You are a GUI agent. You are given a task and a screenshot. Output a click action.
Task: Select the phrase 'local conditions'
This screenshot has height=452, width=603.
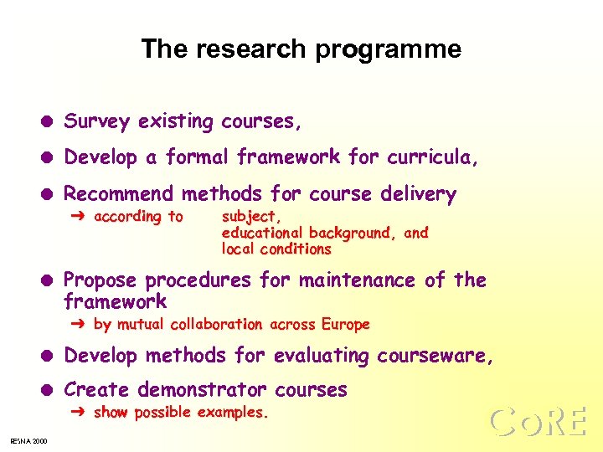(x=276, y=249)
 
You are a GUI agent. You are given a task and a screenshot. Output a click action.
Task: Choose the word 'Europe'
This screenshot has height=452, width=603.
(x=345, y=324)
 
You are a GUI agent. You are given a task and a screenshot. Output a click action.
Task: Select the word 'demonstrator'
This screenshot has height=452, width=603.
(x=201, y=390)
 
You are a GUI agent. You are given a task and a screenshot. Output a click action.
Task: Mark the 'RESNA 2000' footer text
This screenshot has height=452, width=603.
(x=28, y=441)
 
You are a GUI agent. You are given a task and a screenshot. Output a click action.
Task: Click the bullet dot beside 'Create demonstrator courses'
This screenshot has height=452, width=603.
(x=49, y=391)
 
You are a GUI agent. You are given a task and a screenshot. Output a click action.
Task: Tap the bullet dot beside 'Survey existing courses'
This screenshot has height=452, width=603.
(x=49, y=123)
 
